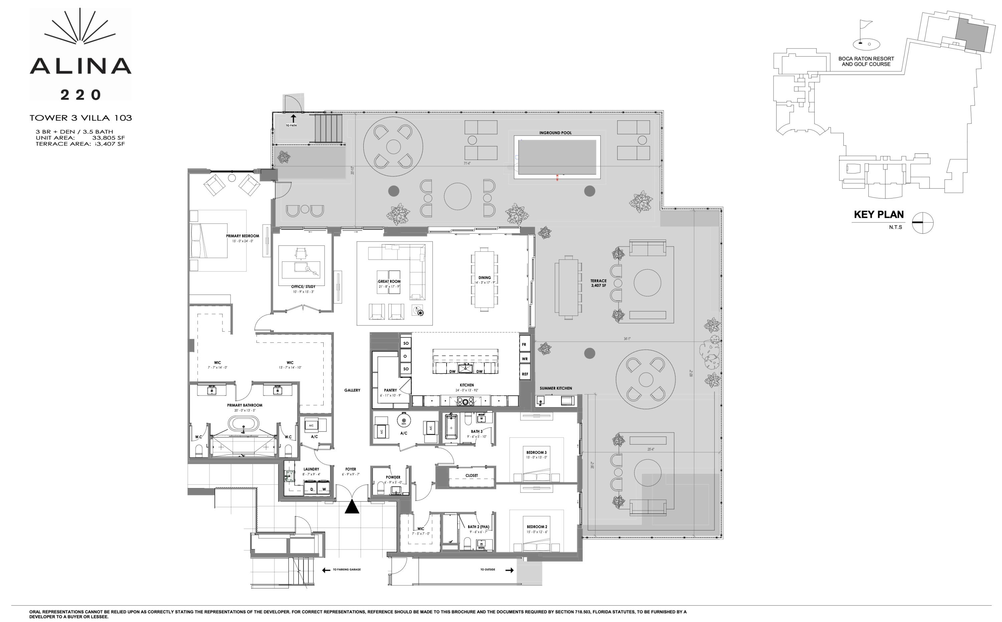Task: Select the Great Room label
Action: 389,281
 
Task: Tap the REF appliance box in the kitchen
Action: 525,374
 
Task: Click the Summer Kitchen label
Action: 555,388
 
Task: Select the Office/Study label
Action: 303,287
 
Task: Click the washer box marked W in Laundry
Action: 324,488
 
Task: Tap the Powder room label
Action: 393,477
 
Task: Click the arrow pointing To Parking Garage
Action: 326,570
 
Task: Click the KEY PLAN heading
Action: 879,214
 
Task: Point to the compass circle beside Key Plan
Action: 923,222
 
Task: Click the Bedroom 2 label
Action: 537,526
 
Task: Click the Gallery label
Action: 352,390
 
